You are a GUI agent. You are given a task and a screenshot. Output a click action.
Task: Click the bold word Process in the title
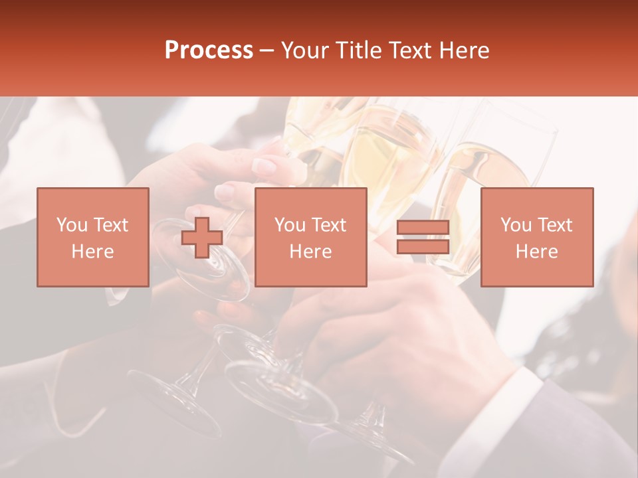pyautogui.click(x=209, y=50)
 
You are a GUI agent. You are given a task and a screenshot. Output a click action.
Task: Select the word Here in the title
pyautogui.click(x=463, y=50)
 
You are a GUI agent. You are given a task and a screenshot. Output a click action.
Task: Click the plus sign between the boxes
pyautogui.click(x=202, y=238)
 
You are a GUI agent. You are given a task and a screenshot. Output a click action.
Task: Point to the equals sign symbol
pyautogui.click(x=423, y=237)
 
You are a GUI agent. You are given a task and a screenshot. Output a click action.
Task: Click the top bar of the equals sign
pyautogui.click(x=423, y=228)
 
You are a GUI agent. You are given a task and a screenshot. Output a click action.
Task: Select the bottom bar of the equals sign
pyautogui.click(x=423, y=246)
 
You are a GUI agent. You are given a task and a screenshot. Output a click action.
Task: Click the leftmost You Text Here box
pyautogui.click(x=93, y=237)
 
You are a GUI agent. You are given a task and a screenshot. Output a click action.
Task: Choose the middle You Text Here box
pyautogui.click(x=310, y=237)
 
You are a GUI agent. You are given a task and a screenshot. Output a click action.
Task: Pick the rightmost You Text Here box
pyautogui.click(x=537, y=237)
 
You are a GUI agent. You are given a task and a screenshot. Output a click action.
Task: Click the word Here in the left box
pyautogui.click(x=92, y=252)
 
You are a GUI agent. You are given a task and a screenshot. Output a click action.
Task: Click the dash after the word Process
pyautogui.click(x=266, y=50)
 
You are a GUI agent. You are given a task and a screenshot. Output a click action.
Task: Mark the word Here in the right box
pyautogui.click(x=536, y=252)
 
